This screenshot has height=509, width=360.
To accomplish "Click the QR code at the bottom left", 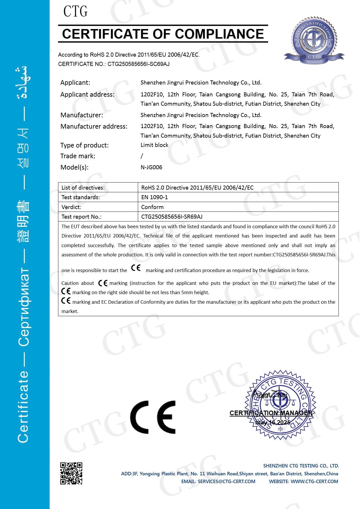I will (71, 473).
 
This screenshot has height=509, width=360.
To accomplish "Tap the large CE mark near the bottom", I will (153, 417).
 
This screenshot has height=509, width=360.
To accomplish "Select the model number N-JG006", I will (151, 167).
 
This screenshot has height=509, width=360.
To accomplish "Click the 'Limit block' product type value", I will (154, 145).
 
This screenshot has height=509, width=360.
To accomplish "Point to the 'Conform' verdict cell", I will (152, 207).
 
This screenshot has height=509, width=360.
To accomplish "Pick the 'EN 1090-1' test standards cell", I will (154, 197).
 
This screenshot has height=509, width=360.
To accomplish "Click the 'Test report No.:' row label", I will (81, 217).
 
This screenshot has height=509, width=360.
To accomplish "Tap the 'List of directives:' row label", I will (83, 188).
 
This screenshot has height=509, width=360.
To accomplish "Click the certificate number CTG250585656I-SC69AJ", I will (138, 64).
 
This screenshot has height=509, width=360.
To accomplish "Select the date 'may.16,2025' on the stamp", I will (273, 422).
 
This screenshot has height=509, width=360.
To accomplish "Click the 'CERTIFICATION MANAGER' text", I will (271, 413).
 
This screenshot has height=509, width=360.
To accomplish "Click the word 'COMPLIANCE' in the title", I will (219, 34).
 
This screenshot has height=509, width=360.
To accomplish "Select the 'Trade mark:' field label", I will (78, 156).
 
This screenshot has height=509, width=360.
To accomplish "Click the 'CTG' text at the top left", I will (75, 12).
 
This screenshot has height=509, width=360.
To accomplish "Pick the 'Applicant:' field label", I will (75, 82).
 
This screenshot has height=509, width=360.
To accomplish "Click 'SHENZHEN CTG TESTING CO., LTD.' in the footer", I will (301, 466).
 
